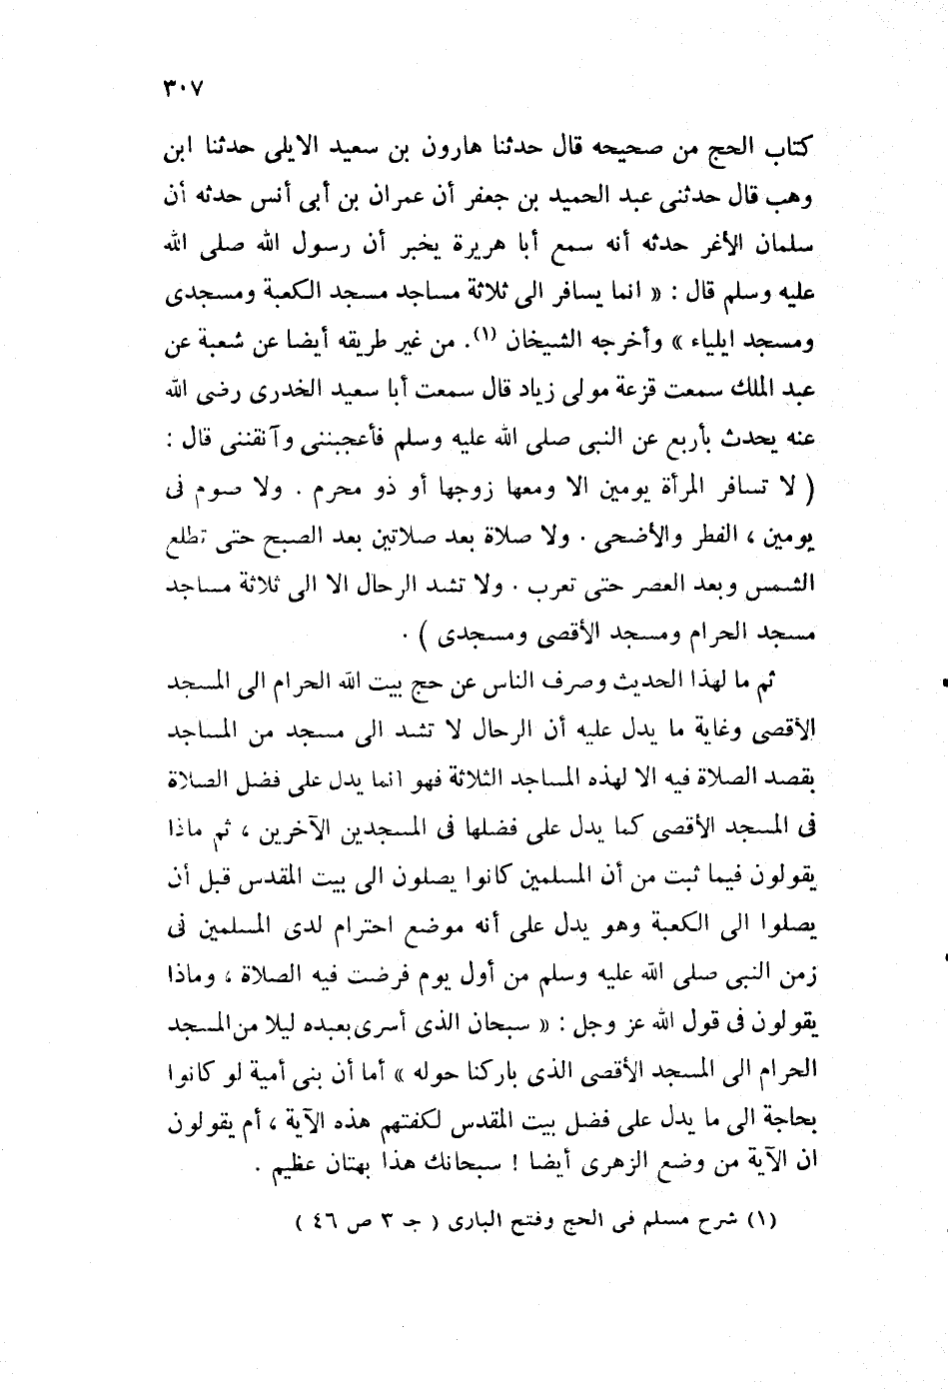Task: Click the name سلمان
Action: [x=788, y=245]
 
